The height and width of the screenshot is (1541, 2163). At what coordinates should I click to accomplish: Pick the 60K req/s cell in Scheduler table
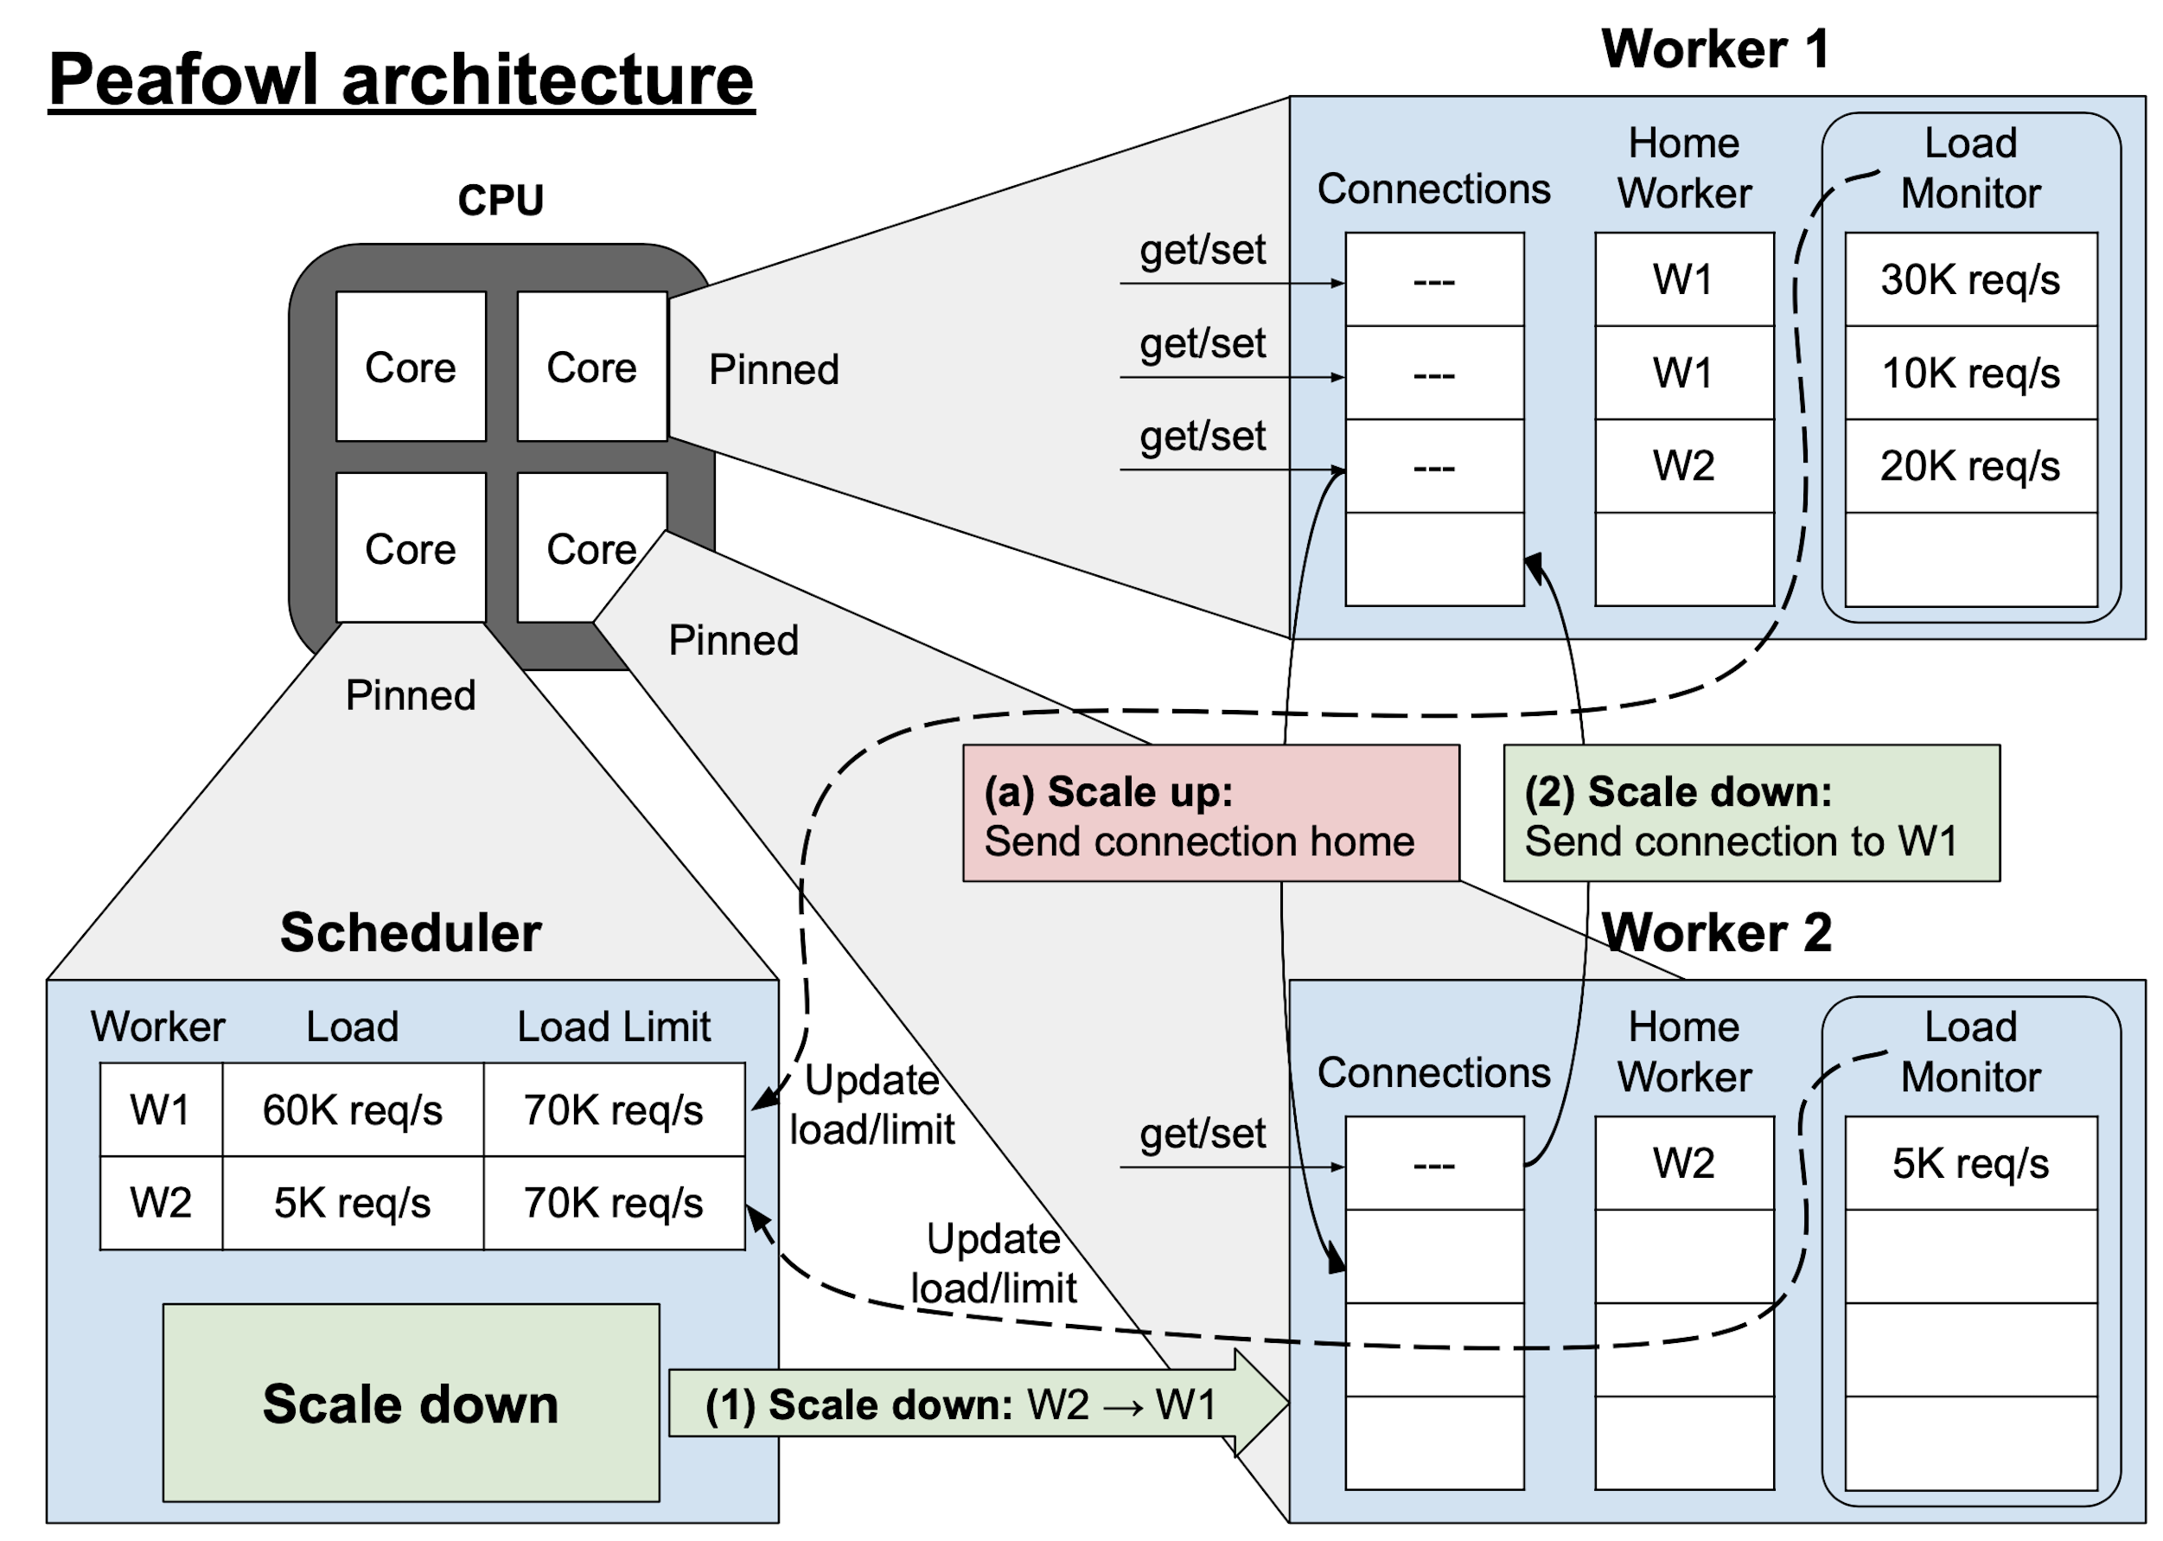tap(352, 1109)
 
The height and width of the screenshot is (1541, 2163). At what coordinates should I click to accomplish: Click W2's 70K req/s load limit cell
tap(613, 1202)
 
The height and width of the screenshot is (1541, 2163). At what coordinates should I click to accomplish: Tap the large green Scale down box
tap(411, 1403)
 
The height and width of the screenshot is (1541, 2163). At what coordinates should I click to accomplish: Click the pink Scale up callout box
tap(1210, 813)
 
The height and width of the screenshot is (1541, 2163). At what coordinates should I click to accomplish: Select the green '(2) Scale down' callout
tap(1751, 813)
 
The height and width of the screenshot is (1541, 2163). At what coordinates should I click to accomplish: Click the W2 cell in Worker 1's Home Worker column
tap(1684, 466)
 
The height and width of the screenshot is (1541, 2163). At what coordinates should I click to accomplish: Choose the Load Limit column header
tap(613, 1026)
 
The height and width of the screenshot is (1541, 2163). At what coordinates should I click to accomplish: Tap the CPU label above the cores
tap(501, 201)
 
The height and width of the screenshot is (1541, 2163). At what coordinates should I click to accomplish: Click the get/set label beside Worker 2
tap(1202, 1133)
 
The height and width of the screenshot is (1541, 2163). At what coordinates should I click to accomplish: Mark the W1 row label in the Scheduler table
tap(160, 1109)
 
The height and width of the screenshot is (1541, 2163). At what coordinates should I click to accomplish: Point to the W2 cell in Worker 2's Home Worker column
tap(1684, 1163)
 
